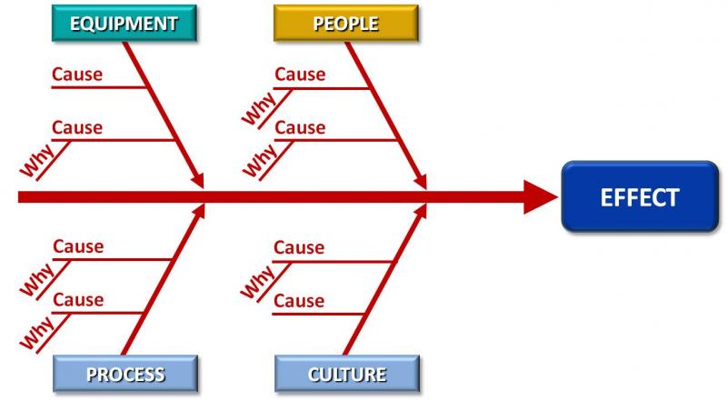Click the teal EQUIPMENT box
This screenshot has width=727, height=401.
[124, 24]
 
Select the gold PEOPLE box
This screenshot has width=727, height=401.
[345, 24]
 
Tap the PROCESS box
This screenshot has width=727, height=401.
[125, 373]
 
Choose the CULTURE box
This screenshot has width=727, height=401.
[347, 373]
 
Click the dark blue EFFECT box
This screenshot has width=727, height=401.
[639, 196]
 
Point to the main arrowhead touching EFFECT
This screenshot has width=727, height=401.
[542, 196]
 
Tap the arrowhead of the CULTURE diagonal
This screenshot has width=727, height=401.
[420, 213]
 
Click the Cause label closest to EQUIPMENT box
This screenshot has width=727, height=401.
[77, 75]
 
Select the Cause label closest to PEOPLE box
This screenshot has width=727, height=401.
[300, 75]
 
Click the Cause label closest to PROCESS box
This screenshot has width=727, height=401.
[78, 299]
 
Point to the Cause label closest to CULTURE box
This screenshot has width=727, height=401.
[299, 300]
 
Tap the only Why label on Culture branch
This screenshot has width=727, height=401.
[259, 280]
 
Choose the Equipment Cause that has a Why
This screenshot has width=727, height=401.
[77, 127]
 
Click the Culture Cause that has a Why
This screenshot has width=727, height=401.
[299, 247]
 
